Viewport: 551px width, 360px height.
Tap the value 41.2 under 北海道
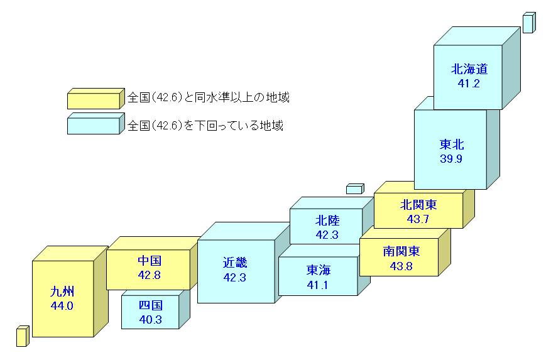pyautogui.click(x=469, y=84)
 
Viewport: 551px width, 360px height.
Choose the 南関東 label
pyautogui.click(x=401, y=252)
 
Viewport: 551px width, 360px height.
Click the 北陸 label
pyautogui.click(x=327, y=221)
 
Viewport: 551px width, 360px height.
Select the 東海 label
pyautogui.click(x=319, y=270)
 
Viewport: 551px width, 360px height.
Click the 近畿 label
pyautogui.click(x=234, y=263)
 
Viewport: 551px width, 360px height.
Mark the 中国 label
pyautogui.click(x=150, y=261)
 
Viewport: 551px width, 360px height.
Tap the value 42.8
pyautogui.click(x=150, y=275)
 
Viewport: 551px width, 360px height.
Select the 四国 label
pyautogui.click(x=151, y=306)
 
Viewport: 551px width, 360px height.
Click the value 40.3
pyautogui.click(x=151, y=319)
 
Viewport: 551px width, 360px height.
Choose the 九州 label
pyautogui.click(x=62, y=292)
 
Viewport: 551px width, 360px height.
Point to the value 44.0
pyautogui.click(x=62, y=306)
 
